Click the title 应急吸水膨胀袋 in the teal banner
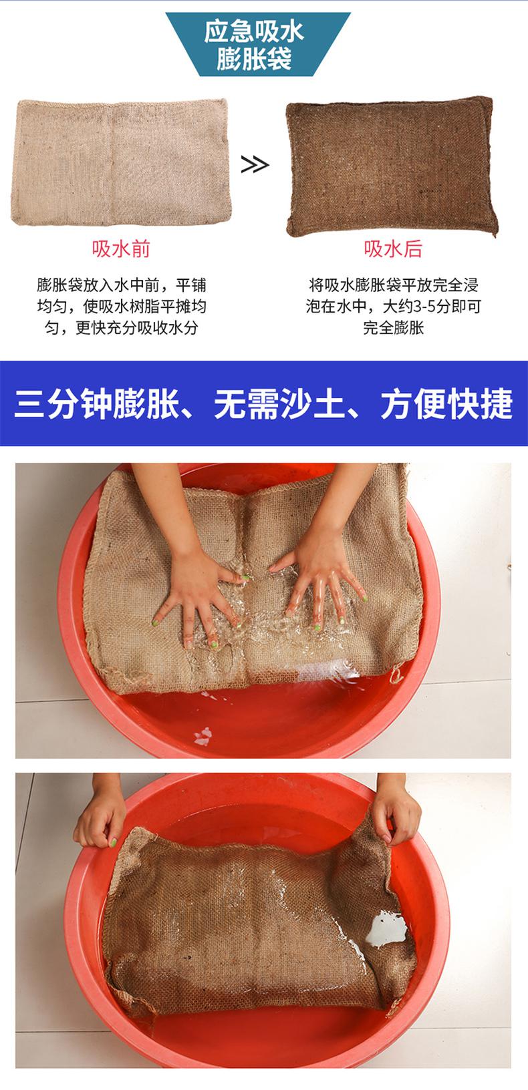click(x=254, y=45)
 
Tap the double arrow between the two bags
click(x=255, y=166)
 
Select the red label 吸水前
click(x=121, y=249)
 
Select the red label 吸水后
click(x=393, y=249)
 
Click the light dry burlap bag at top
click(x=121, y=162)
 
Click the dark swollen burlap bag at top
click(x=391, y=166)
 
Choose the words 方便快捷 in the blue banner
click(x=446, y=403)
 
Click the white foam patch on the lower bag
click(x=386, y=930)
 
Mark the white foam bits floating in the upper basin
click(x=203, y=736)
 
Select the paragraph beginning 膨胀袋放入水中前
click(x=121, y=307)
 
